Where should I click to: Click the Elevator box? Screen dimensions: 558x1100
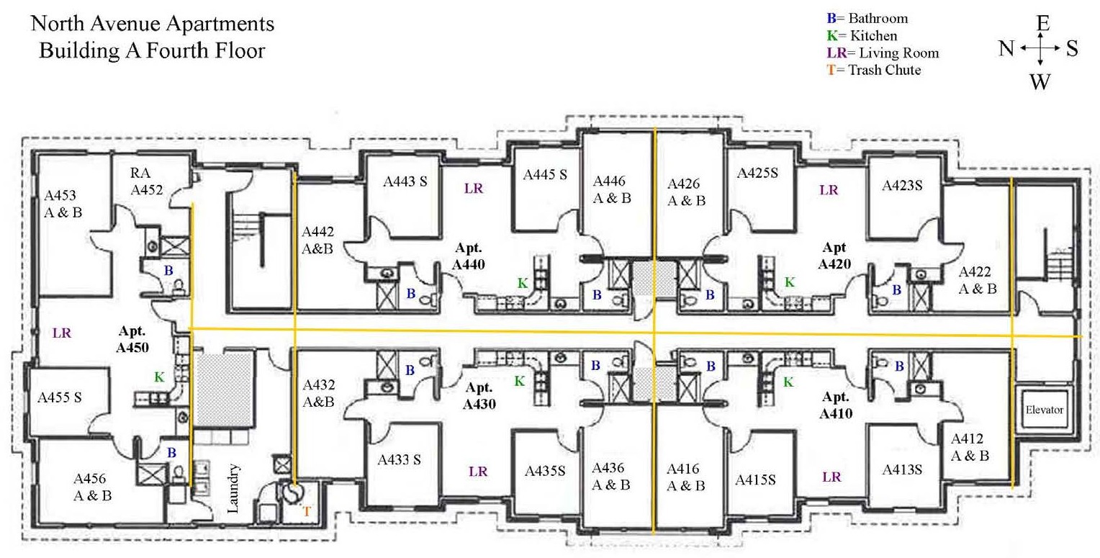click(1044, 410)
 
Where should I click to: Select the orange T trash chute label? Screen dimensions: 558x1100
click(306, 511)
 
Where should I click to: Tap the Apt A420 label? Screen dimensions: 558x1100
click(834, 257)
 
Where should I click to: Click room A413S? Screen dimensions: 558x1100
click(902, 469)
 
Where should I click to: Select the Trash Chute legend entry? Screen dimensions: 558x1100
click(875, 71)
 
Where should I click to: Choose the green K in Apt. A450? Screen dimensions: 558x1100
click(158, 377)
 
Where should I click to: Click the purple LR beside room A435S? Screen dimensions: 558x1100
click(478, 472)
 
